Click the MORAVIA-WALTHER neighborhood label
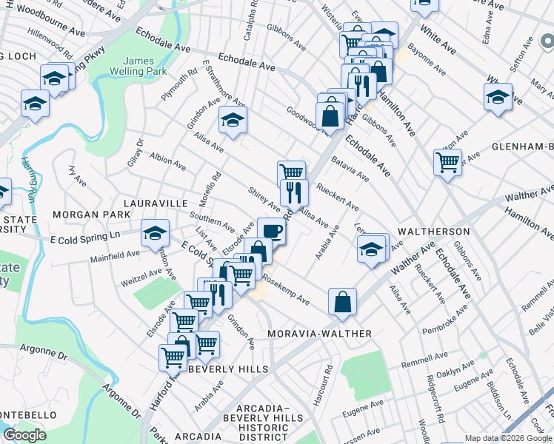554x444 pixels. point(320,334)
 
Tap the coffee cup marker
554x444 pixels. point(271,231)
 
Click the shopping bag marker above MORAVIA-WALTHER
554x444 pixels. point(342,301)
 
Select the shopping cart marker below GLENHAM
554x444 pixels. point(447,161)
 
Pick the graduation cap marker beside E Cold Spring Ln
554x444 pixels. point(155,233)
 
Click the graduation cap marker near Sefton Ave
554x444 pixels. point(498,97)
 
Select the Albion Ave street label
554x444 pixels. point(167,162)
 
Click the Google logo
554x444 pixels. point(24,434)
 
